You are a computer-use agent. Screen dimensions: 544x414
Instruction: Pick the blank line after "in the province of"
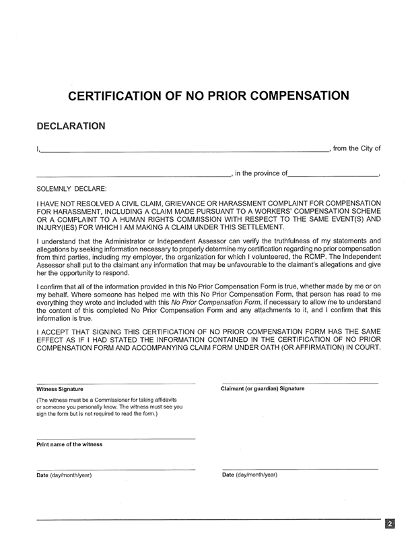point(333,176)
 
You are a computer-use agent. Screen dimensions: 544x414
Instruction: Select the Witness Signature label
point(60,390)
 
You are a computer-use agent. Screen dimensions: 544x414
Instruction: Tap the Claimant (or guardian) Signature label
point(263,389)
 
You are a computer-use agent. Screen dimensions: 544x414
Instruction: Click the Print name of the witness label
point(69,445)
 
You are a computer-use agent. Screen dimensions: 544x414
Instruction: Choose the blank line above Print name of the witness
point(116,439)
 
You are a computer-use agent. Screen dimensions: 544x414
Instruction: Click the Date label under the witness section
point(42,475)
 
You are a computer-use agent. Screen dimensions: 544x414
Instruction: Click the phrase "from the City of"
point(357,148)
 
